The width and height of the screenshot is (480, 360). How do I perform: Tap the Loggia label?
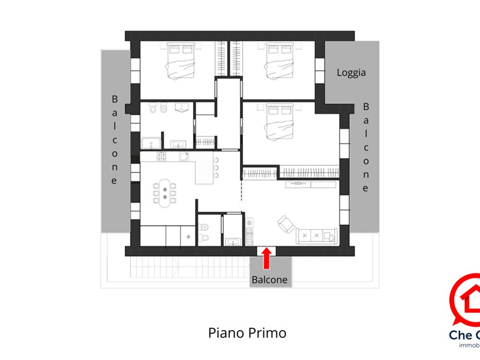click(351, 73)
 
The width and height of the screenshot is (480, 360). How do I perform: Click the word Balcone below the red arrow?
click(269, 280)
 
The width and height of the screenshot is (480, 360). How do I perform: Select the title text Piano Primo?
click(247, 332)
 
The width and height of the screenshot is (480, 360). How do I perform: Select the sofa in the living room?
click(316, 236)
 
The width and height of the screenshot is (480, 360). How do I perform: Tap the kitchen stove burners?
click(163, 157)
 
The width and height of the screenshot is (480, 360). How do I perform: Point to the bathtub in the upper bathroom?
click(151, 143)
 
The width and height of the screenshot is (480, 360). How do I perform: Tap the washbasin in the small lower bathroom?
click(232, 242)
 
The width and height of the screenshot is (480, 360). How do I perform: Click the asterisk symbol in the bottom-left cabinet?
click(190, 237)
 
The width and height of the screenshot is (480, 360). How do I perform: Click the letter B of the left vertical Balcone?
click(115, 99)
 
